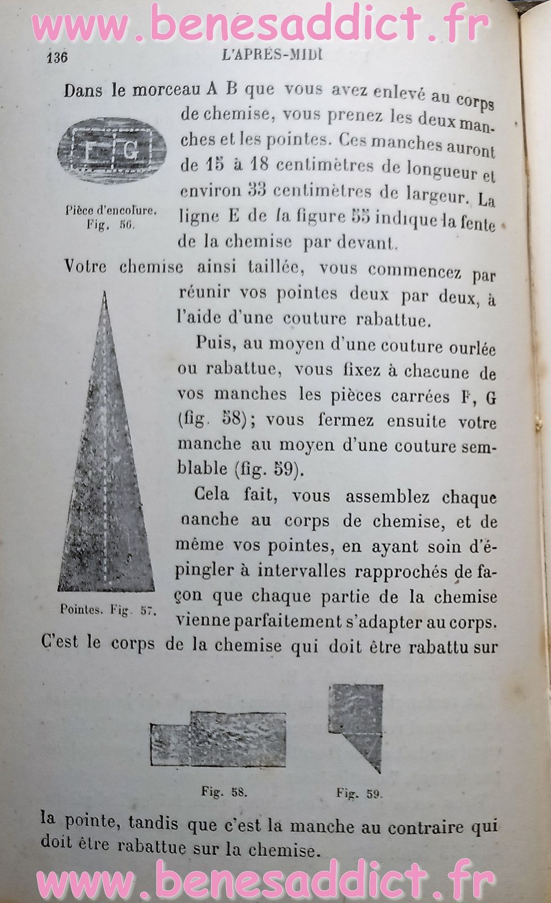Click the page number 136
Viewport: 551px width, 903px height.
[x=58, y=57]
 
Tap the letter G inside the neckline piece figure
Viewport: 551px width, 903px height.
[x=130, y=150]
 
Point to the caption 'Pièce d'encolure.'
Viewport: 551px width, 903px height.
[x=111, y=211]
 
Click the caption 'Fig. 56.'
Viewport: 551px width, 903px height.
[x=110, y=224]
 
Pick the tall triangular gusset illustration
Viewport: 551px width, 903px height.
[x=106, y=451]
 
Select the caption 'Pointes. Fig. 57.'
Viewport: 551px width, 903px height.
[x=108, y=610]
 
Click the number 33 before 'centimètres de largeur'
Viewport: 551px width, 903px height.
[x=257, y=190]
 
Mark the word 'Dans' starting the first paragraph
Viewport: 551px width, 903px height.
[x=84, y=90]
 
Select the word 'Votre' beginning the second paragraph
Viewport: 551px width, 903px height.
[x=85, y=266]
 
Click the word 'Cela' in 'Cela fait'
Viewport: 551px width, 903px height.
[x=212, y=494]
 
